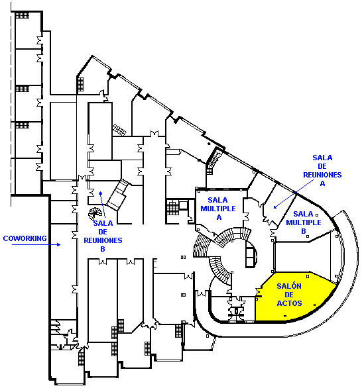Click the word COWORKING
[x=25, y=238]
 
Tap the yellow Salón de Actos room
[x=294, y=299]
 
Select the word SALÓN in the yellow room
[x=289, y=286]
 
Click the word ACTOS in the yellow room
[x=289, y=303]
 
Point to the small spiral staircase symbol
[x=95, y=214]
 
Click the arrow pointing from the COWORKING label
[x=36, y=244]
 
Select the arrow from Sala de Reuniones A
[x=294, y=194]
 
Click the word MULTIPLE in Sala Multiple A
[x=218, y=209]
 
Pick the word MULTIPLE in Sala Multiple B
[x=304, y=222]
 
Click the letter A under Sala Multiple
[x=219, y=217]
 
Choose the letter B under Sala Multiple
[x=304, y=231]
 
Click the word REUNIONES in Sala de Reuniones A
[x=322, y=175]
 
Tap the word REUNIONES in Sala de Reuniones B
[x=103, y=240]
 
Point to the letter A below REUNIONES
[x=322, y=183]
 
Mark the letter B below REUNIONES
[x=103, y=249]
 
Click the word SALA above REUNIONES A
[x=322, y=158]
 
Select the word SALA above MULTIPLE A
[x=218, y=200]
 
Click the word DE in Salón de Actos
[x=289, y=295]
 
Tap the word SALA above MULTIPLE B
[x=303, y=214]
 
